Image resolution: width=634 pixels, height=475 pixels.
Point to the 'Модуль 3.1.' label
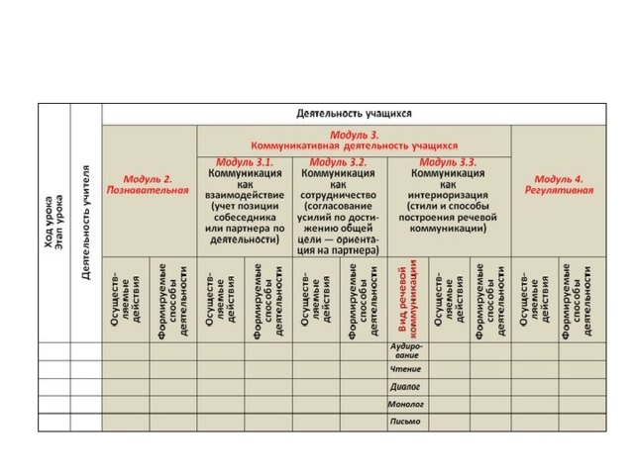(244, 161)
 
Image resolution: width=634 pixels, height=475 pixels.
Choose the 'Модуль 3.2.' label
(338, 161)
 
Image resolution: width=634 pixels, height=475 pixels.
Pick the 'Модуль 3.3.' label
(448, 161)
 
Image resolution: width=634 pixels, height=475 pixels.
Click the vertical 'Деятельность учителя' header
(86, 223)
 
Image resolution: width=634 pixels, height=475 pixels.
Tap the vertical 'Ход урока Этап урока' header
(54, 223)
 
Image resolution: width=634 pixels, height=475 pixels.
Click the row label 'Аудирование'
(406, 351)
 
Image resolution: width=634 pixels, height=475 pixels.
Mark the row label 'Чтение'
(406, 369)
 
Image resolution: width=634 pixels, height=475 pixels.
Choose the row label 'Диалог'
(406, 387)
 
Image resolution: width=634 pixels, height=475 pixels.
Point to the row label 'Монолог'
(406, 404)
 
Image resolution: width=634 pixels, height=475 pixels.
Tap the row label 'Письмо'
(406, 422)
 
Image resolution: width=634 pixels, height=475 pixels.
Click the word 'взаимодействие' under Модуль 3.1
(244, 195)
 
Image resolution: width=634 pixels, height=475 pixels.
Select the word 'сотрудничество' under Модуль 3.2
(338, 195)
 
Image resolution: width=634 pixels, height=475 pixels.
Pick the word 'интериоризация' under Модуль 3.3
(448, 195)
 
